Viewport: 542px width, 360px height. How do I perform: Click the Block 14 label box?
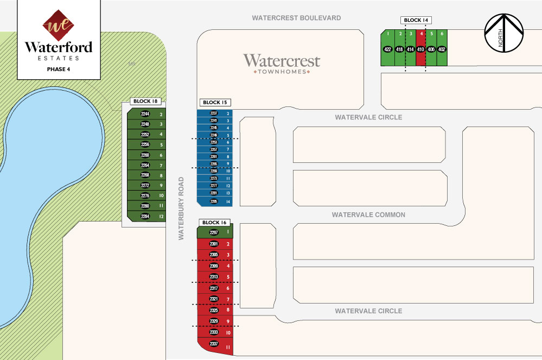(416, 20)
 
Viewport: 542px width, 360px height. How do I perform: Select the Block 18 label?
(146, 102)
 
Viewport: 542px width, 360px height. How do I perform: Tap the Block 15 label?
(215, 102)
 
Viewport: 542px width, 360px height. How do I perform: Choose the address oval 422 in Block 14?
(388, 49)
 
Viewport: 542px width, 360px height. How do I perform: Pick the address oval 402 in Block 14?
(442, 49)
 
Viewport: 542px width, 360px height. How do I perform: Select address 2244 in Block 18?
(145, 114)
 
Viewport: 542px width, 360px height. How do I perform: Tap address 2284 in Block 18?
(145, 217)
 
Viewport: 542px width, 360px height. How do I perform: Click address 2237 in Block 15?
(214, 113)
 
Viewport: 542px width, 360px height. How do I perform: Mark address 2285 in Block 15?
(214, 201)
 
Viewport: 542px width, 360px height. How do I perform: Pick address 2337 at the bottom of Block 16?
(214, 343)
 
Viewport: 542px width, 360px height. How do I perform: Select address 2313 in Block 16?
(214, 277)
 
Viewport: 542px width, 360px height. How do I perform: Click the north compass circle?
(503, 33)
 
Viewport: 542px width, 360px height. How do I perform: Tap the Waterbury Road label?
(182, 208)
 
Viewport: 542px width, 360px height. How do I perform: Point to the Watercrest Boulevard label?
(296, 18)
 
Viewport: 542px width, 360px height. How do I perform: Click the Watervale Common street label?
(368, 215)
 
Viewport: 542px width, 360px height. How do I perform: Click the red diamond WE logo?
(58, 24)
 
